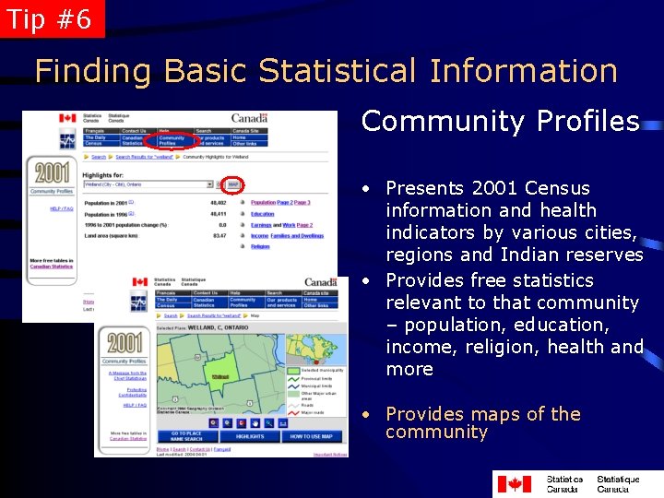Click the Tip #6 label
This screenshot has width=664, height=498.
tap(50, 18)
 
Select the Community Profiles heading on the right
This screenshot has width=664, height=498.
tap(500, 121)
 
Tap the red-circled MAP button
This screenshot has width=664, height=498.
tap(233, 184)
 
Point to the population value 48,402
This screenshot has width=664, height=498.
tap(219, 202)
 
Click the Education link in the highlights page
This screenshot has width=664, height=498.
tap(262, 214)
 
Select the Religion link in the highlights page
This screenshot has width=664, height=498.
tap(260, 246)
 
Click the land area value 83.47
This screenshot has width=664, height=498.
tap(219, 236)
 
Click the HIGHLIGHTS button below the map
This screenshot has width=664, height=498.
tap(250, 436)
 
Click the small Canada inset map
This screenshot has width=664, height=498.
tap(316, 349)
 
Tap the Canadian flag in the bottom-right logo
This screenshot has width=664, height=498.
tap(514, 483)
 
